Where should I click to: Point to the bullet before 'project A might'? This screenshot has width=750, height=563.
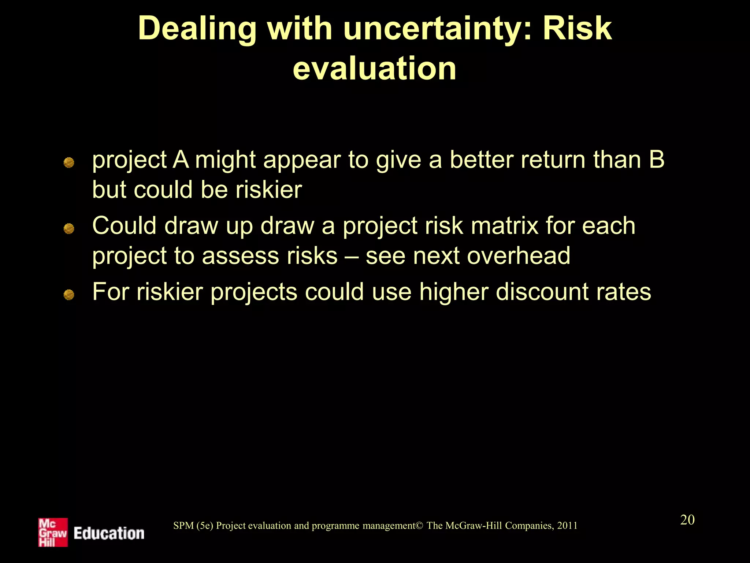coord(69,162)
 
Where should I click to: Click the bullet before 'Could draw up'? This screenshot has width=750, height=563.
coord(69,229)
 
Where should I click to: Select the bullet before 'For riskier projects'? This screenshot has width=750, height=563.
coord(69,294)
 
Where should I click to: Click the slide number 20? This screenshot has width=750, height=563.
coord(687,520)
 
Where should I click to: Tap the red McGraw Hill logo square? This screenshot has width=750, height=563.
coord(53,532)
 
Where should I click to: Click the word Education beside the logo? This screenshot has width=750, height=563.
coord(109,533)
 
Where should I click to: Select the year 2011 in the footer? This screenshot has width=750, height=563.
coord(567,526)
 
